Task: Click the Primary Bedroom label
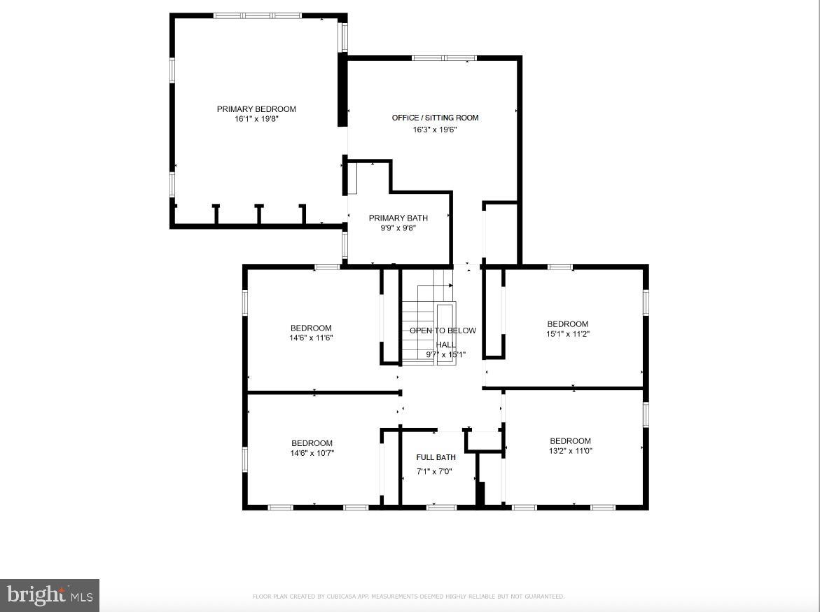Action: click(x=256, y=109)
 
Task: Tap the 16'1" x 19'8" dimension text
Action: click(x=256, y=119)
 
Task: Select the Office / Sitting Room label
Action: click(x=435, y=118)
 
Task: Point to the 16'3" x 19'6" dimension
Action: click(x=435, y=130)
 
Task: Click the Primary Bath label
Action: click(x=398, y=218)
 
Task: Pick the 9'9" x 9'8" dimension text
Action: click(x=398, y=228)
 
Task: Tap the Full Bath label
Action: click(x=436, y=457)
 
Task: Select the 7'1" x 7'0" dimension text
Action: click(x=436, y=471)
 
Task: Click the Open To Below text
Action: click(x=443, y=331)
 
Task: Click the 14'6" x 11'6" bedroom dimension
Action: click(x=311, y=338)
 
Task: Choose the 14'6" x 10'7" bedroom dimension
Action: click(x=312, y=453)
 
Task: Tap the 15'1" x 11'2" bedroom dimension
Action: click(x=568, y=334)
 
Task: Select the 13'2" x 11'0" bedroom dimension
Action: click(x=570, y=451)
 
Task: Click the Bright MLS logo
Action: click(x=50, y=595)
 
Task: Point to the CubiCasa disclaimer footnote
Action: click(x=408, y=597)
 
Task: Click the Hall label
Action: click(x=445, y=345)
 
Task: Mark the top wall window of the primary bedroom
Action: click(x=257, y=15)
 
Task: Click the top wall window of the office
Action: click(x=444, y=58)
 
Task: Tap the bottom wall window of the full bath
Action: click(x=441, y=506)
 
